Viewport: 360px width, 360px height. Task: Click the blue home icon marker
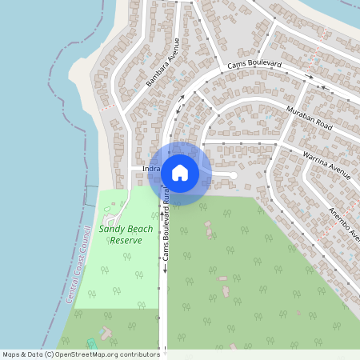(180, 173)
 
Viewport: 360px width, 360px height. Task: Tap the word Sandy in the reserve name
(113, 229)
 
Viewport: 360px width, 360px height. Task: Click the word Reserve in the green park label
(126, 240)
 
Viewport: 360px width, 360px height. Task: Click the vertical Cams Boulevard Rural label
(166, 227)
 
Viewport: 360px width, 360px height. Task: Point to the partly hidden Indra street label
(150, 170)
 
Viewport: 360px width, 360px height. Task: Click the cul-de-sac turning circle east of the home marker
(232, 174)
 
